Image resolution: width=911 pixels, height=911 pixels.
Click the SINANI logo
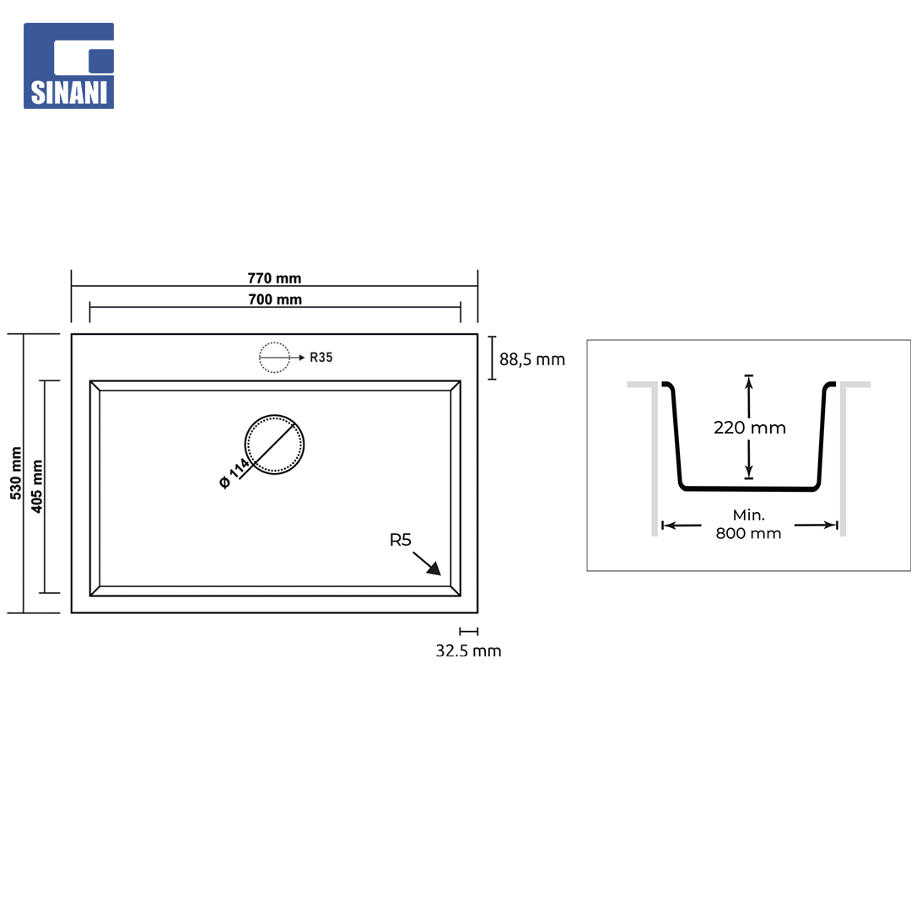click(68, 66)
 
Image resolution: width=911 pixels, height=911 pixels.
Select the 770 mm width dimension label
click(274, 278)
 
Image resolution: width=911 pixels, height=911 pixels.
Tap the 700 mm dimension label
click(275, 299)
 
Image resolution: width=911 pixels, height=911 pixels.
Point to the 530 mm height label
click(16, 473)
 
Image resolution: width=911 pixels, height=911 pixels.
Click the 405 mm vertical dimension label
click(37, 487)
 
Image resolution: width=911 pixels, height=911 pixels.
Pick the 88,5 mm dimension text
click(532, 359)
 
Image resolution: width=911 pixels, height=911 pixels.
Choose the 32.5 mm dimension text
click(468, 650)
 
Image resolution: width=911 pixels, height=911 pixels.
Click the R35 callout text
click(321, 358)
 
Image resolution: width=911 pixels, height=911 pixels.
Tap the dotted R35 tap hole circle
click(274, 342)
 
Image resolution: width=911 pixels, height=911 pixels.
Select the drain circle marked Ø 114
click(274, 415)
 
